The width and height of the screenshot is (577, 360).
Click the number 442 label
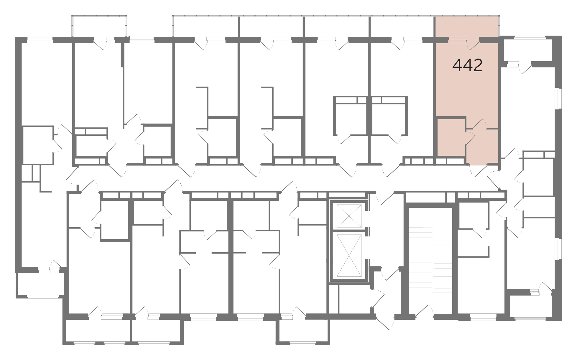tap(468, 65)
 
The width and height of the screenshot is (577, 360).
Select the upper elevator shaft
tap(349, 216)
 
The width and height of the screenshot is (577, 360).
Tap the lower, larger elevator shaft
tap(349, 256)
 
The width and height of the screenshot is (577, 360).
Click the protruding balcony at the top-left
tap(100, 26)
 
